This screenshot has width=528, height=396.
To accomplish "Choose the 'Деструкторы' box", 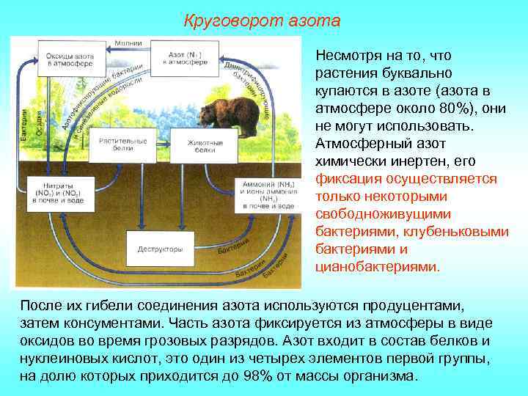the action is click(x=159, y=249).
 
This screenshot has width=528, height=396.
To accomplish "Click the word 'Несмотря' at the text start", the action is click(x=344, y=55).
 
